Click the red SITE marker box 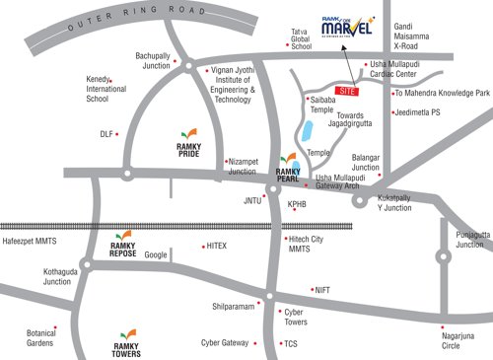(x=345, y=90)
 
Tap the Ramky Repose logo (x=123, y=245)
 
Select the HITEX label (x=216, y=246)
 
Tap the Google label (x=156, y=254)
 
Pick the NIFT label (x=322, y=290)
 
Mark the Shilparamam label (x=234, y=307)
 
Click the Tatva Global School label (x=301, y=39)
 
